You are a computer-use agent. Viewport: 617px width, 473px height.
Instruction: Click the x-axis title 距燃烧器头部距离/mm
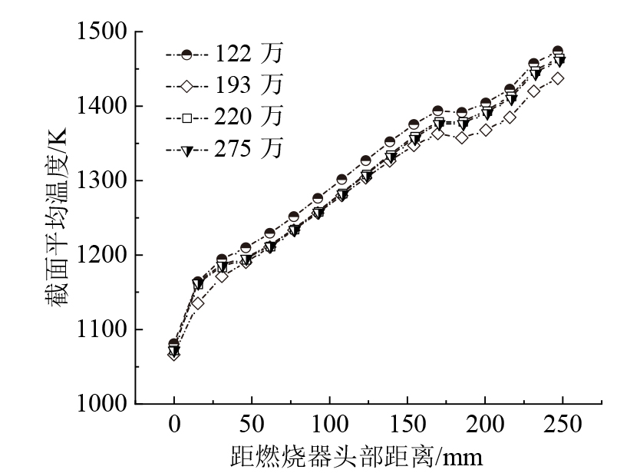click(357, 458)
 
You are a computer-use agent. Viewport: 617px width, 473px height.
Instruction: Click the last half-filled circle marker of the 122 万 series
click(558, 51)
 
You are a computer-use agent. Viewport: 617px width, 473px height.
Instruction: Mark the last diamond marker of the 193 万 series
click(558, 78)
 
